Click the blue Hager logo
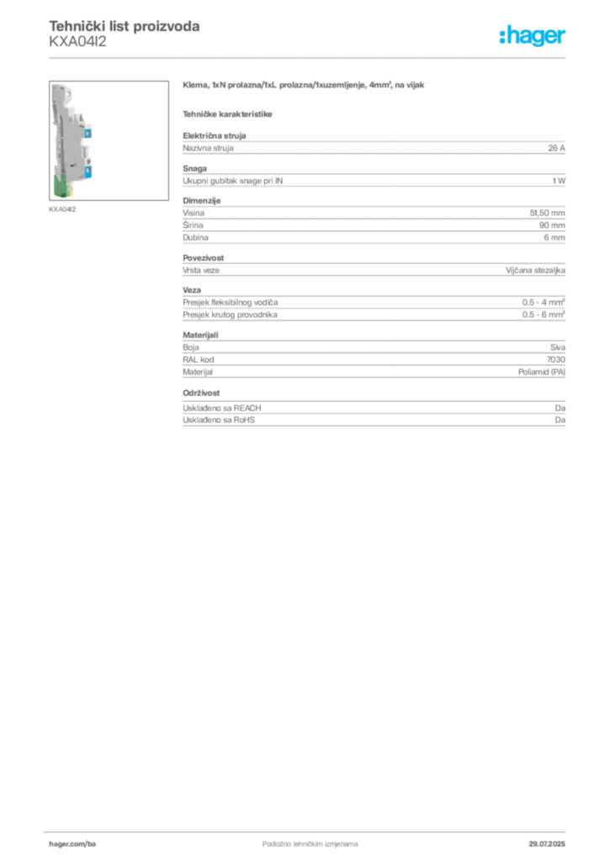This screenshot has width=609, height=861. (534, 37)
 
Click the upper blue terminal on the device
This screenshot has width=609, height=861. (87, 132)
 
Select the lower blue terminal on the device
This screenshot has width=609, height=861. (87, 172)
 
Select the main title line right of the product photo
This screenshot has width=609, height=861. (306, 87)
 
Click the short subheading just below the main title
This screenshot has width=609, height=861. (229, 113)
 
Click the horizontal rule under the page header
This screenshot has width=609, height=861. (336, 57)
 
